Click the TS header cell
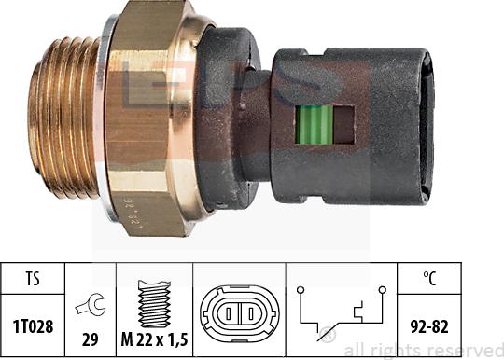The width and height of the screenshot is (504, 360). click(33, 279)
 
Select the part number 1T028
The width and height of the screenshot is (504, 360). click(33, 326)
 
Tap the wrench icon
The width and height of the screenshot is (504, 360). click(91, 306)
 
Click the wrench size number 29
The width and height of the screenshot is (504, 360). click(90, 339)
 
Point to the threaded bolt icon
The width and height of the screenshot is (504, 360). click(154, 303)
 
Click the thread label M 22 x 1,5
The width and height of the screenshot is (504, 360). click(154, 339)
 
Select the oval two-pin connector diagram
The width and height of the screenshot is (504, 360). click(240, 312)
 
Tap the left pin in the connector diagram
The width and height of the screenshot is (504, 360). click(229, 313)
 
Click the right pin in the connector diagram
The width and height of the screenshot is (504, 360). click(251, 313)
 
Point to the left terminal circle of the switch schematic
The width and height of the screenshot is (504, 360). click(301, 290)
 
